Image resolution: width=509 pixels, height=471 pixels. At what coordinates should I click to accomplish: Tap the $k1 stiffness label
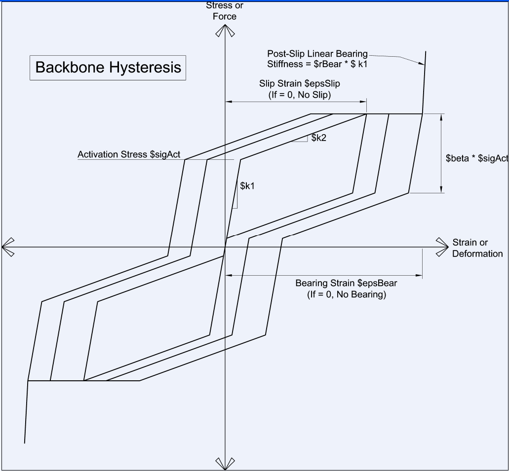(247, 186)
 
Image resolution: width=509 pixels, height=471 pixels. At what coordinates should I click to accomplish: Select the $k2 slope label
(319, 138)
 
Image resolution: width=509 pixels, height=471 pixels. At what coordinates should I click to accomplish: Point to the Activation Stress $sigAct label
(129, 154)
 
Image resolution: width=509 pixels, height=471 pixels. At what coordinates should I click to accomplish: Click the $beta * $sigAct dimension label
(476, 158)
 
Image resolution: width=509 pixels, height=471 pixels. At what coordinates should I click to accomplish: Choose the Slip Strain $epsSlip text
(300, 84)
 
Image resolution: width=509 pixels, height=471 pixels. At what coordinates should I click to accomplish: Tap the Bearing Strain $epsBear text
(346, 283)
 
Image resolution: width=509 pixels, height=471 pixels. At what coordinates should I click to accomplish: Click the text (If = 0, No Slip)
(300, 95)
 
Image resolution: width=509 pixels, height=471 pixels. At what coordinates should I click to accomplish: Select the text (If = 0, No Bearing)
(347, 294)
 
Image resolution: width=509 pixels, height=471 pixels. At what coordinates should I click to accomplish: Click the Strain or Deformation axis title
(477, 248)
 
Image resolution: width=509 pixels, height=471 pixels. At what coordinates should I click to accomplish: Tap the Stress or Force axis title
(225, 11)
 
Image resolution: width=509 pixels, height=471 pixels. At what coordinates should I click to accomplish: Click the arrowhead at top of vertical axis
(225, 31)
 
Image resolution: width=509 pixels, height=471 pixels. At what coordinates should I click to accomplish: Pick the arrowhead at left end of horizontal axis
(8, 247)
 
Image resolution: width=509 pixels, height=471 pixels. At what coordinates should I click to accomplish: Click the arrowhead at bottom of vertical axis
(225, 464)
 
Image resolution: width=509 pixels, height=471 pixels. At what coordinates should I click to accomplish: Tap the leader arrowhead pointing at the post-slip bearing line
(421, 63)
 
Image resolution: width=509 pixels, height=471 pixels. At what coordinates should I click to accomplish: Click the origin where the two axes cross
(225, 247)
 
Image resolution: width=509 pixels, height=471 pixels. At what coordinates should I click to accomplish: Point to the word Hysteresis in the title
(145, 68)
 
